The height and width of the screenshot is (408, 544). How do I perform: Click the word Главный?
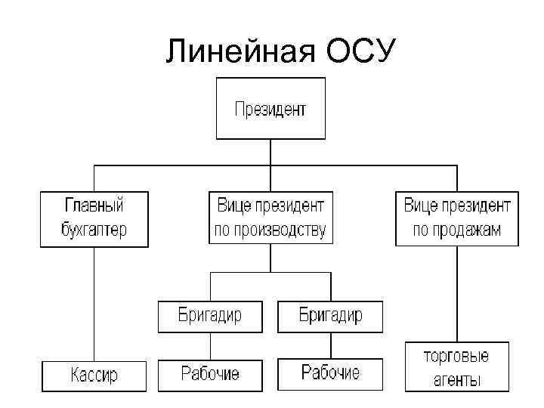coord(94,206)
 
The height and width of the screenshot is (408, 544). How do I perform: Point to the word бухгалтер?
coord(94,230)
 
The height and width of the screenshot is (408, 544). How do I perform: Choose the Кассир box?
coord(94,376)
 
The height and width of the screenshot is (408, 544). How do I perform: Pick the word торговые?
coord(456,356)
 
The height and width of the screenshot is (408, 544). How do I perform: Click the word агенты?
coord(456,380)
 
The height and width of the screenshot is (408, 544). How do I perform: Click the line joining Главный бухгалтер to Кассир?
coord(94,302)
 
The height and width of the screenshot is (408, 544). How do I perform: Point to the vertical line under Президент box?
coord(270,152)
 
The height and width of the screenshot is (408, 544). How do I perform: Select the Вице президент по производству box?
coord(270,218)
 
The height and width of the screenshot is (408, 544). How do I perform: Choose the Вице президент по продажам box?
coord(457,218)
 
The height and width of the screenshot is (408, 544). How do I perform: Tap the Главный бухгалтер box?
coord(94,218)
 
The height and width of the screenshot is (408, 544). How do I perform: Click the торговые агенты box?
coord(456,367)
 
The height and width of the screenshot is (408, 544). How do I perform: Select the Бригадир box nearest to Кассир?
coord(210,316)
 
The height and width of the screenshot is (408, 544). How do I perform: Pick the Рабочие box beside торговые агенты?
coord(330,374)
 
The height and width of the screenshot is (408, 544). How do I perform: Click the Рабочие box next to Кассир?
coord(210,374)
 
